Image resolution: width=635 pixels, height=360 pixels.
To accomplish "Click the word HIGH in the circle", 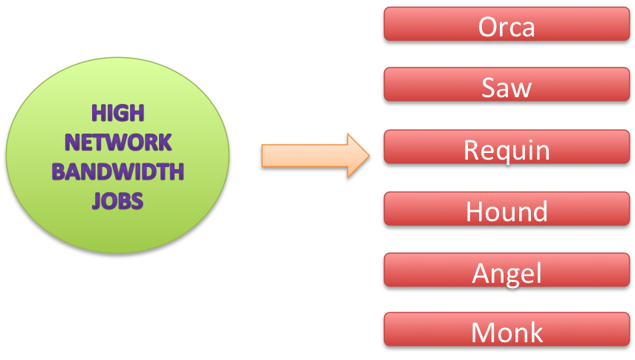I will [117, 113].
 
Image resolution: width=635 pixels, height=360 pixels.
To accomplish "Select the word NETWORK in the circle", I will [118, 142].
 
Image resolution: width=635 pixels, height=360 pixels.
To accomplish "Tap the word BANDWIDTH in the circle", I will [117, 172].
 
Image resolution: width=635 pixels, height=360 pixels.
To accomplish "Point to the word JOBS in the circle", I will [117, 200].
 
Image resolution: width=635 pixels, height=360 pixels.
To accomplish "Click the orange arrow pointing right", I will [312, 156].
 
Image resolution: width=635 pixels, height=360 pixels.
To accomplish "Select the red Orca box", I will [507, 26].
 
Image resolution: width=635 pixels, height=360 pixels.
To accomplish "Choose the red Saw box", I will [507, 87].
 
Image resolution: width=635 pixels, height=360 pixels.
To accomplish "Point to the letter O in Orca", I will [488, 27].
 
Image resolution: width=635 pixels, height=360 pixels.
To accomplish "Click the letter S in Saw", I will [489, 88].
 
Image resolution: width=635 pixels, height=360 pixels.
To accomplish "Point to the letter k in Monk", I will [536, 332].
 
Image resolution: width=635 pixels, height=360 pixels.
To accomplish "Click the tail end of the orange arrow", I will [262, 156].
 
